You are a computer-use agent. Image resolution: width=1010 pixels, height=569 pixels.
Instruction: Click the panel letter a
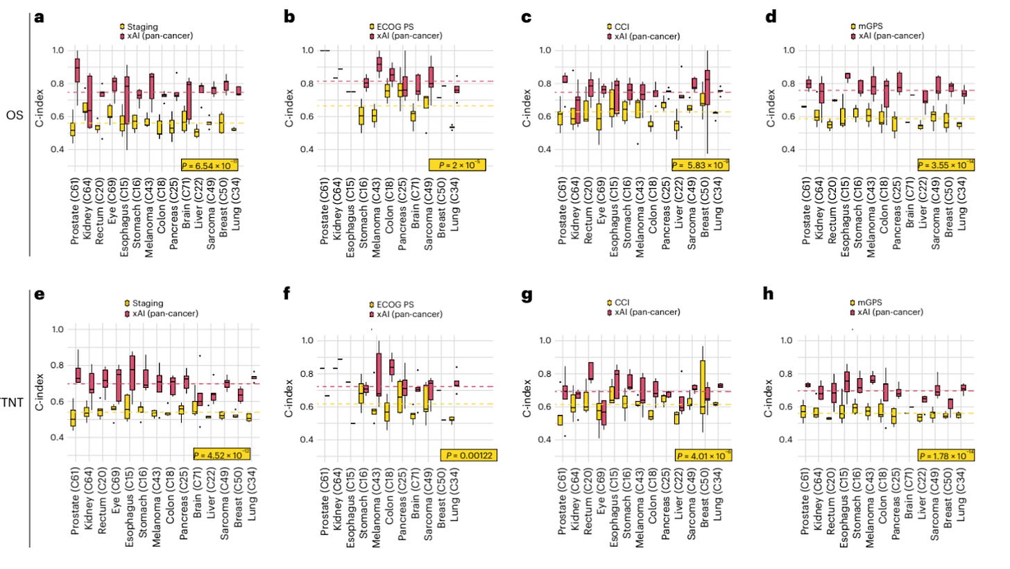[40, 17]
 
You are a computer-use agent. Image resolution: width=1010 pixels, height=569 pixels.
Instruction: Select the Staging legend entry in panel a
[141, 26]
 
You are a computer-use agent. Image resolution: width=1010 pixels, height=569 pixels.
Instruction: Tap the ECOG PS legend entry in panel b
[391, 26]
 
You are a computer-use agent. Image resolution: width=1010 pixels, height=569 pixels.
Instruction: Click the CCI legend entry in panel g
[618, 303]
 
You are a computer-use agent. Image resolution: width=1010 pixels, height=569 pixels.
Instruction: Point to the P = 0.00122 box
[469, 455]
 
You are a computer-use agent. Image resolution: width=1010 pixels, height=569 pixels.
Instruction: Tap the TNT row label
[12, 402]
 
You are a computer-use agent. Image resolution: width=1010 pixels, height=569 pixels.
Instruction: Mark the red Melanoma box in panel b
[379, 64]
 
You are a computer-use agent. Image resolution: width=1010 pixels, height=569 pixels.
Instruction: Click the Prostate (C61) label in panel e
[74, 500]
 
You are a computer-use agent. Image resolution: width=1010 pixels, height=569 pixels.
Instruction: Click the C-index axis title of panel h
[770, 391]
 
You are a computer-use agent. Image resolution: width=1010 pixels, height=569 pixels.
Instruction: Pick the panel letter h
[768, 294]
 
